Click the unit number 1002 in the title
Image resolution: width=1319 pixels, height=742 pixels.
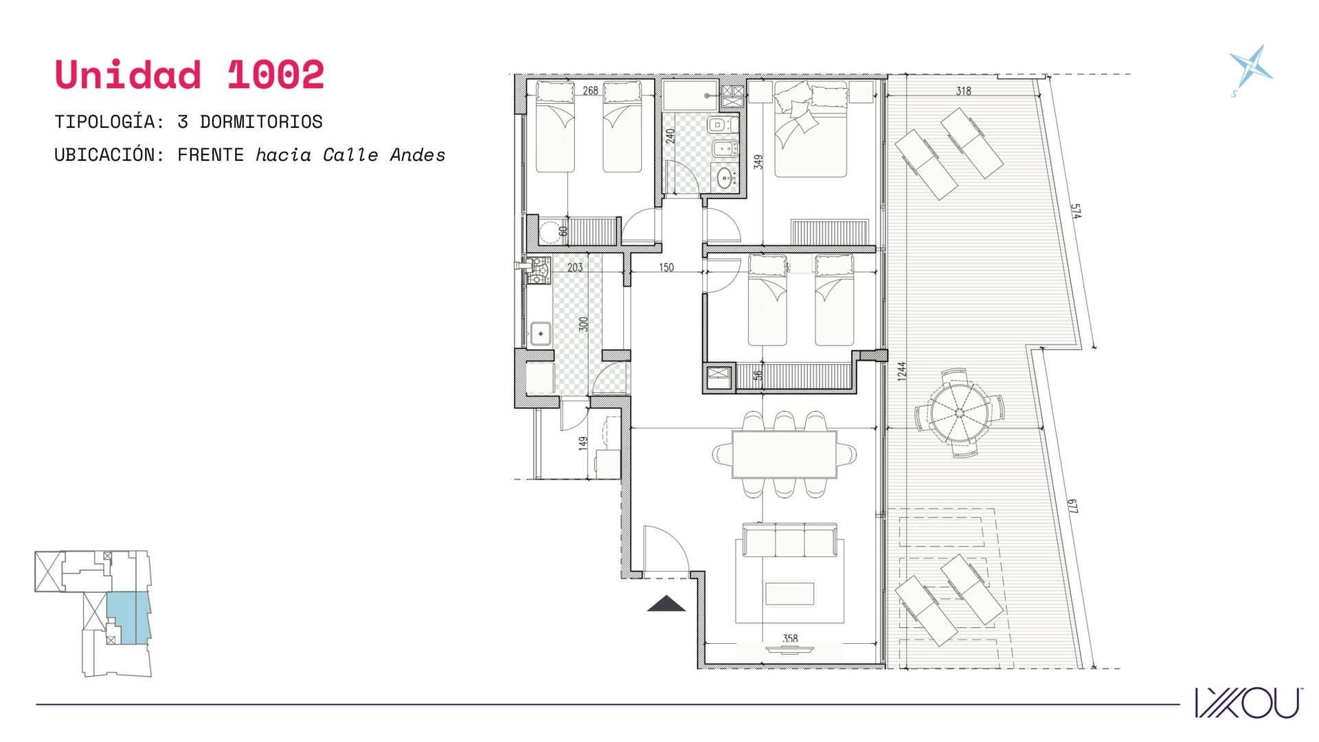pos(275,74)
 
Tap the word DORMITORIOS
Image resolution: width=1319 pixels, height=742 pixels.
pos(261,122)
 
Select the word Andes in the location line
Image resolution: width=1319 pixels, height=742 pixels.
pos(418,155)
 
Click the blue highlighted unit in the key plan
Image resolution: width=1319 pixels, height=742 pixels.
pos(128,617)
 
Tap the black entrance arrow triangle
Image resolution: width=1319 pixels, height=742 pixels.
pos(666,604)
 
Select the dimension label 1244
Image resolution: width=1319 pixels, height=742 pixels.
pos(902,371)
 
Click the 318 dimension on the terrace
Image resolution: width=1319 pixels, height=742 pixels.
pos(963,91)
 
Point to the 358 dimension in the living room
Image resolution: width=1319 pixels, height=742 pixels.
pos(790,639)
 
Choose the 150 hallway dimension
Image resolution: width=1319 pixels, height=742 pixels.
pos(666,267)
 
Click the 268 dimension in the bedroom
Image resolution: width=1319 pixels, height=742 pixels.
pos(590,90)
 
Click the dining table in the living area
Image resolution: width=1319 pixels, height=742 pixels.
pos(785,454)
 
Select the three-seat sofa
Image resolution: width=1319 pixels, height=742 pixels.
pos(789,540)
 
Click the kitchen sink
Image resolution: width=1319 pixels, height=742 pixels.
pos(540,334)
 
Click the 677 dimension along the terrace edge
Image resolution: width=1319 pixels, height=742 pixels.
pos(1072,506)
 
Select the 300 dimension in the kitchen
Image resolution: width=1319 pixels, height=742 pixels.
pos(583,324)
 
